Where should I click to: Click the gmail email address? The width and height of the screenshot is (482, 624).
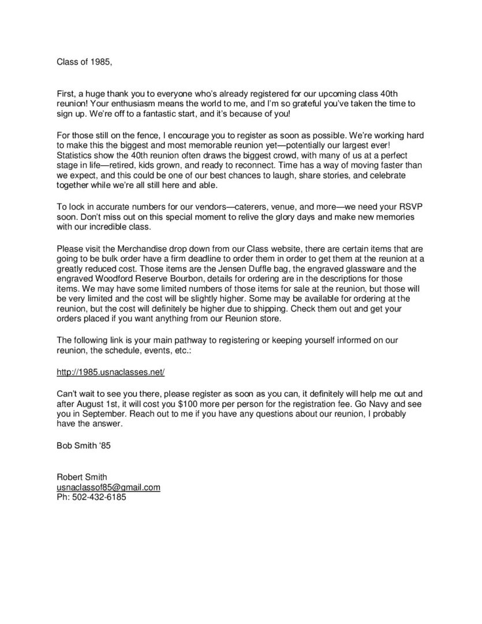point(108,487)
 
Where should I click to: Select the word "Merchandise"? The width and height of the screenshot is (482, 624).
point(136,248)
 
